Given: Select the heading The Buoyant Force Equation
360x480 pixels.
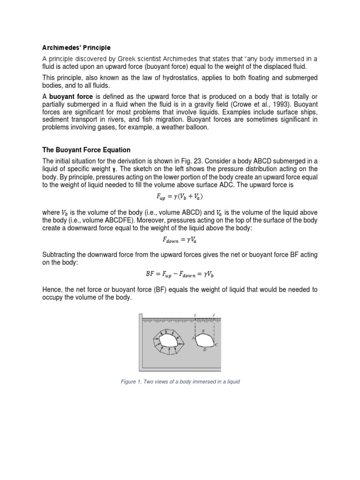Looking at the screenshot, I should point(86,150).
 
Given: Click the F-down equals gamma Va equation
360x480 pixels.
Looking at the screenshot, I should point(180,240).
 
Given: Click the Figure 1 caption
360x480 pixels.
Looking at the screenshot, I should point(180,382).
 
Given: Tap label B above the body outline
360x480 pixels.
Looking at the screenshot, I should point(203,331).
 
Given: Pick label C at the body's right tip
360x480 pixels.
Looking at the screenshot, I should point(216,345).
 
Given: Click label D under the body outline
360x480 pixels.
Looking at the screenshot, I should point(204,350).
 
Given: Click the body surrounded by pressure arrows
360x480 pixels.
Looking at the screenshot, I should point(168,340).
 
